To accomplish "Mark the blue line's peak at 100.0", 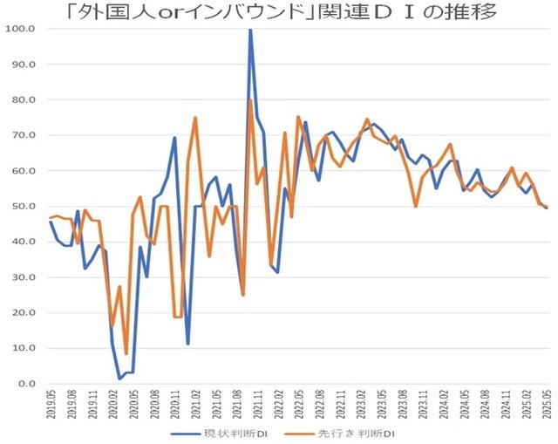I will [250, 30].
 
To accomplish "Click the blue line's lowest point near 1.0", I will [119, 379].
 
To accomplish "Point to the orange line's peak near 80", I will [250, 100].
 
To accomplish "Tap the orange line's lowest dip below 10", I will [126, 353].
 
